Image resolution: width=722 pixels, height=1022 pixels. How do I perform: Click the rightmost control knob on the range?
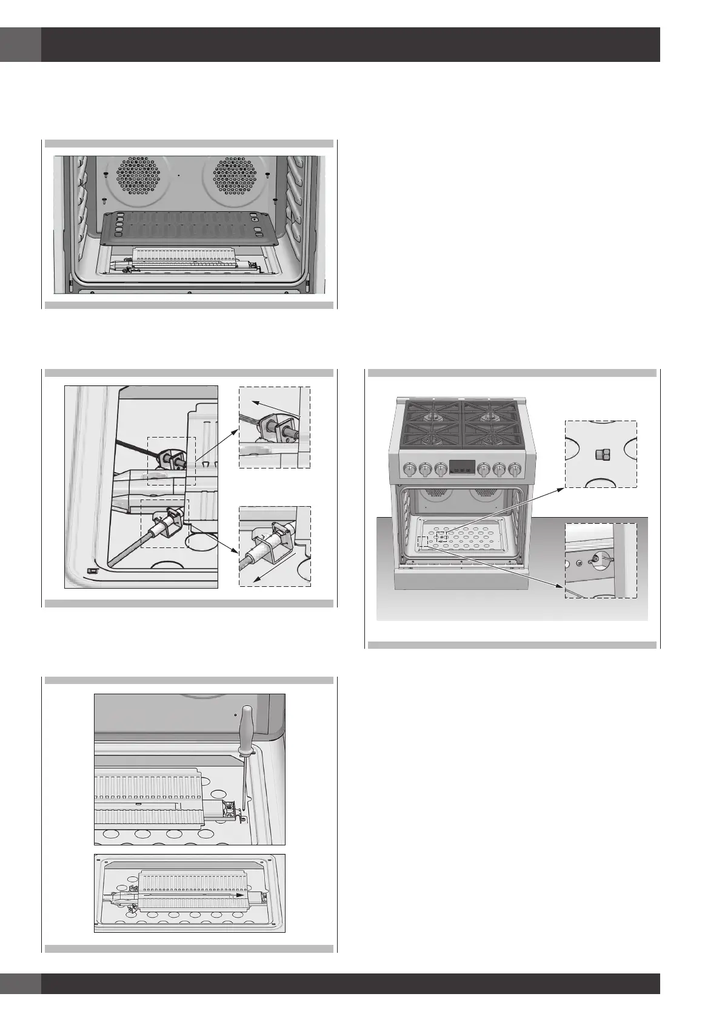coord(515,469)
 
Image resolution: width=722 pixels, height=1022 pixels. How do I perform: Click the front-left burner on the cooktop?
coord(429,437)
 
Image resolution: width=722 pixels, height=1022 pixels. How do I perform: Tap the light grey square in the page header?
coord(21,44)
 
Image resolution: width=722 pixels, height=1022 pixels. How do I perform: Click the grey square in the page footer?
coord(21,984)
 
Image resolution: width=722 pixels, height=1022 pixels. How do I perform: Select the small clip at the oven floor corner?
coord(91,570)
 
